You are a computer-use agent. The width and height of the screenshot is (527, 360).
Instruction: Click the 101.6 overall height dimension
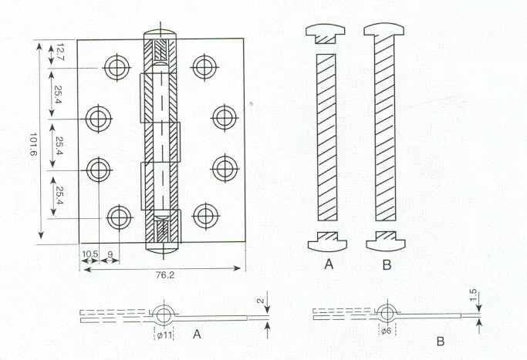point(33,144)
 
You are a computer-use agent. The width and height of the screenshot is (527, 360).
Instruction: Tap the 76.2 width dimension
point(165,274)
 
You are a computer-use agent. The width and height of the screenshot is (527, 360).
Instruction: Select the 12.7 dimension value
point(60,52)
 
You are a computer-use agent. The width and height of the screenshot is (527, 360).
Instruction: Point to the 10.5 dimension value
point(90,254)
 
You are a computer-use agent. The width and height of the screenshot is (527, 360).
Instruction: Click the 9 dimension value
point(110,254)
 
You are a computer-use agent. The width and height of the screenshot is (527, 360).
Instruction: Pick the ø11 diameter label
point(164,335)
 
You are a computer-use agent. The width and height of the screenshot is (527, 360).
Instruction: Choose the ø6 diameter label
point(386,331)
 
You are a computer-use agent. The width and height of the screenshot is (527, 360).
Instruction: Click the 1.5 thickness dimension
point(473,295)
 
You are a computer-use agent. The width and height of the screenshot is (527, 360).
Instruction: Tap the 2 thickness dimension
point(261,301)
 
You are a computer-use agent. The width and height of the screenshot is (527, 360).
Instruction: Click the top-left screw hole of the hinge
point(117,68)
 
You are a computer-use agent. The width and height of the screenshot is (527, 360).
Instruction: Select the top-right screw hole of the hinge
point(204,67)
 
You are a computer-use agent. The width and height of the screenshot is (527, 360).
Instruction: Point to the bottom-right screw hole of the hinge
point(206,216)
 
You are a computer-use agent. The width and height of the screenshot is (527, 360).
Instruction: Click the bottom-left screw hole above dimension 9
point(119,217)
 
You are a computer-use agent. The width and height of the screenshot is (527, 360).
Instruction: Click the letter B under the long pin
point(387,264)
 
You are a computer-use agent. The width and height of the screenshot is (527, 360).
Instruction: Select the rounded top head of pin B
point(383,29)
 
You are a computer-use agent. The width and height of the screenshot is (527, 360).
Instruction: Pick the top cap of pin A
point(326,34)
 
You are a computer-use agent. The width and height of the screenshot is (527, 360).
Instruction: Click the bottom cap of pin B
point(386,241)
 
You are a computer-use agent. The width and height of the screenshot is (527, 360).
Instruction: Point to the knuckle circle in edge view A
point(164,315)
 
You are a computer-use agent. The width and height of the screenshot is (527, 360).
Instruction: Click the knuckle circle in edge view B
point(387,313)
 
